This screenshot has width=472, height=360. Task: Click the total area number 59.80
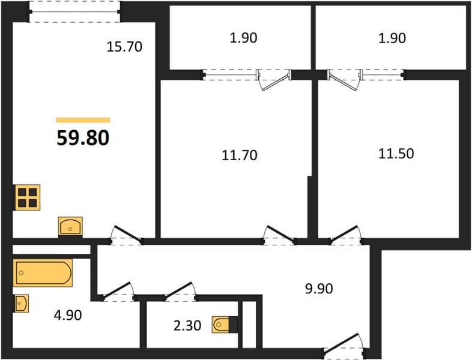pyautogui.click(x=83, y=138)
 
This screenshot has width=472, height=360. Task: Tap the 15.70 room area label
pyautogui.click(x=124, y=47)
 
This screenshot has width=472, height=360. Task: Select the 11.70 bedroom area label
pyautogui.click(x=240, y=155)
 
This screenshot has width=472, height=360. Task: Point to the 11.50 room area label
pyautogui.click(x=396, y=154)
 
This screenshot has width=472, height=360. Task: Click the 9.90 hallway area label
pyautogui.click(x=319, y=289)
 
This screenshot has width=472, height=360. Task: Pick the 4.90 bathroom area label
pyautogui.click(x=68, y=315)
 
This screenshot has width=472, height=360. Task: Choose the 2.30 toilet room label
pyautogui.click(x=187, y=325)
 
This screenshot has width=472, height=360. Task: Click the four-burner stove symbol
pyautogui.click(x=28, y=197)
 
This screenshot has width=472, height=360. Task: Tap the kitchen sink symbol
pyautogui.click(x=70, y=226)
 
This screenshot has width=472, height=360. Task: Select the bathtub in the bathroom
pyautogui.click(x=43, y=273)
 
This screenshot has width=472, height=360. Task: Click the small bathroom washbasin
pyautogui.click(x=21, y=303)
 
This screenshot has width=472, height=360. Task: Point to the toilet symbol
pyautogui.click(x=221, y=325)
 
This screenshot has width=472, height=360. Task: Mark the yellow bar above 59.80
pyautogui.click(x=83, y=121)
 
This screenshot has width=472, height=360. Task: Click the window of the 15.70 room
pyautogui.click(x=75, y=12)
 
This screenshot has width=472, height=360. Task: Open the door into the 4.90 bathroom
pyautogui.click(x=118, y=292)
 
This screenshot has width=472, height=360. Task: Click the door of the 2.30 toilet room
pyautogui.click(x=180, y=292)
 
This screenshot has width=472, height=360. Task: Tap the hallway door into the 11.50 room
pyautogui.click(x=345, y=235)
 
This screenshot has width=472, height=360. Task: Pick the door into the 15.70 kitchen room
pyautogui.click(x=126, y=235)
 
